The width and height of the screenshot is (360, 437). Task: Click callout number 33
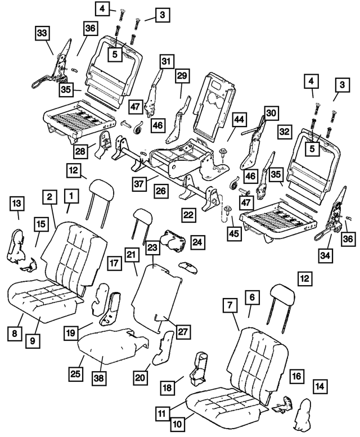click(42, 33)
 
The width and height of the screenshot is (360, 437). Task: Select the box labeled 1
click(71, 196)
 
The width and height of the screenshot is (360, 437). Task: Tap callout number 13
click(17, 202)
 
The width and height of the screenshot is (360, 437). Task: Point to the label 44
click(240, 119)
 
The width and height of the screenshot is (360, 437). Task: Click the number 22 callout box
click(188, 214)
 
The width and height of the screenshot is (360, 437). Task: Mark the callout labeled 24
click(197, 242)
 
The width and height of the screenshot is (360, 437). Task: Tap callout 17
click(115, 263)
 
